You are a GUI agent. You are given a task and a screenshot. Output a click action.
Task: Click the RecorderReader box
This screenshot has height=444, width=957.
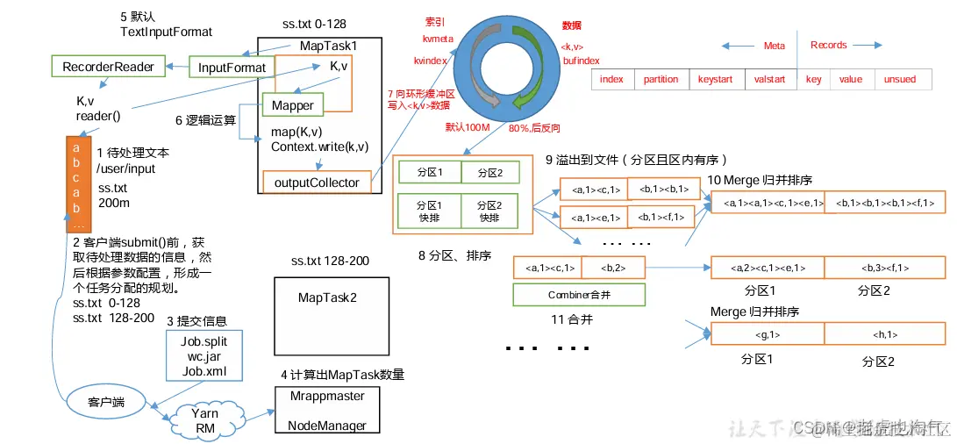[x=109, y=67]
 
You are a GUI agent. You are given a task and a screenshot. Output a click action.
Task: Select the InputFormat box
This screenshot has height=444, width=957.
[x=231, y=67]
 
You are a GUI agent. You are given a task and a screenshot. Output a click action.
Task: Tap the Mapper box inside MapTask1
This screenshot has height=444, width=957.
[x=293, y=105]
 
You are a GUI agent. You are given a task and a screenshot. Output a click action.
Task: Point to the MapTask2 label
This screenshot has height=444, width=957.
[x=327, y=297]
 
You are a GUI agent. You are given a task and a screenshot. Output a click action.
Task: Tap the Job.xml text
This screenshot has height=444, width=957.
[x=204, y=370]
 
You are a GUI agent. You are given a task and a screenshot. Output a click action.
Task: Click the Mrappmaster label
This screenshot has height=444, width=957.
[x=327, y=396]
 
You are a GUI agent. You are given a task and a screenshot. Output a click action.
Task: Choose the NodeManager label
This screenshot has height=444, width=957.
[x=327, y=426]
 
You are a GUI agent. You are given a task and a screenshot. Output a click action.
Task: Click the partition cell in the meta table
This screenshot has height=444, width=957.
[x=661, y=79]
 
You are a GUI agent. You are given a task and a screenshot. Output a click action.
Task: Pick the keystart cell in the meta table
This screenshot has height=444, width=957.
[x=715, y=79]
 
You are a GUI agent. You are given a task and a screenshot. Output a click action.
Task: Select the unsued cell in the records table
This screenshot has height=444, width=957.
[x=899, y=79]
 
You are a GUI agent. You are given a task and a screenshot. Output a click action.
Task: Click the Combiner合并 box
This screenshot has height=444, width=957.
[x=579, y=295]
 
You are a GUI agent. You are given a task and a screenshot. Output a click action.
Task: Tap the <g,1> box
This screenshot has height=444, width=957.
[x=767, y=334]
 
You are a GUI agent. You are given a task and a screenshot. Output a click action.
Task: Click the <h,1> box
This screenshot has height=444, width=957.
[x=883, y=334]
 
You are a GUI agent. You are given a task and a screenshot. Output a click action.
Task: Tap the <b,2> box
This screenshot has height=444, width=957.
[x=612, y=268]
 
